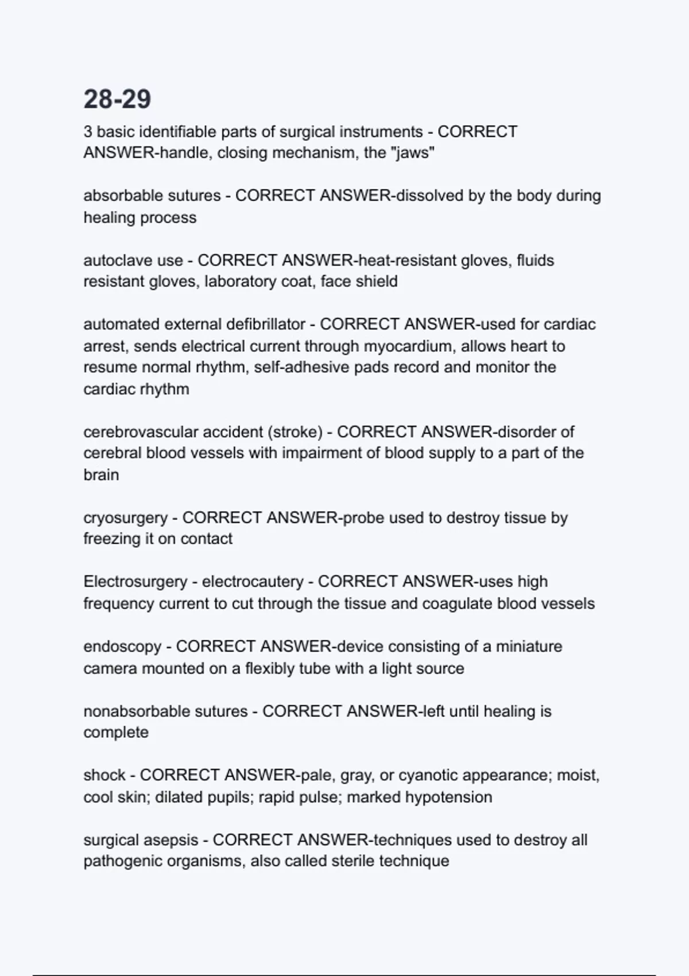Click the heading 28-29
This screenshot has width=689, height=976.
click(117, 99)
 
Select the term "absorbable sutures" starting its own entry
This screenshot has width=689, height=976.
click(152, 196)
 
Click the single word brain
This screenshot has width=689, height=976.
click(101, 475)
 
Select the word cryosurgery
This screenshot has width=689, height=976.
click(125, 518)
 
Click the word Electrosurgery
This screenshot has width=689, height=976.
click(136, 582)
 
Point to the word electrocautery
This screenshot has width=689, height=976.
click(252, 582)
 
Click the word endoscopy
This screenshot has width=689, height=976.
click(122, 646)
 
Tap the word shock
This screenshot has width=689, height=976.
click(104, 775)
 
